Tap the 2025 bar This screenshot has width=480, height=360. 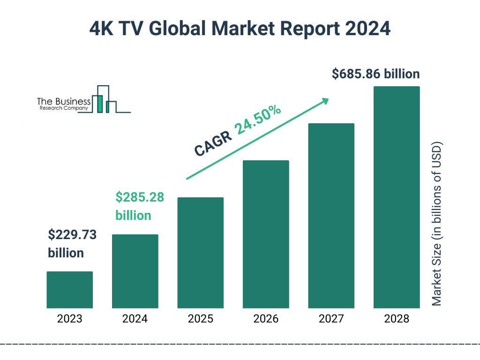[200, 253]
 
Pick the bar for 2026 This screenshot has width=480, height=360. [266, 234]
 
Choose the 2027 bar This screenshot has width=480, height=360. [331, 216]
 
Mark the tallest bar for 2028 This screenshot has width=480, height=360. [397, 197]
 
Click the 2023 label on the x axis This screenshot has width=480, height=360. [69, 319]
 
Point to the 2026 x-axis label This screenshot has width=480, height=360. [266, 319]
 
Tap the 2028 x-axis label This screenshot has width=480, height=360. [397, 319]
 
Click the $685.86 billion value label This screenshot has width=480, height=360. [375, 74]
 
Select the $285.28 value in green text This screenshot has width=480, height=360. [140, 197]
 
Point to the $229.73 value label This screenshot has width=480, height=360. [72, 235]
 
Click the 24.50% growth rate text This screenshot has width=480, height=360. [258, 120]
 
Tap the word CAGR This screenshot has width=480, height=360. [213, 143]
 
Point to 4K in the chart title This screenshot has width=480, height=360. [102, 29]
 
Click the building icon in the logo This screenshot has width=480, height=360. [106, 100]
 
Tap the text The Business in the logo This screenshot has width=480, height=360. [64, 101]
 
